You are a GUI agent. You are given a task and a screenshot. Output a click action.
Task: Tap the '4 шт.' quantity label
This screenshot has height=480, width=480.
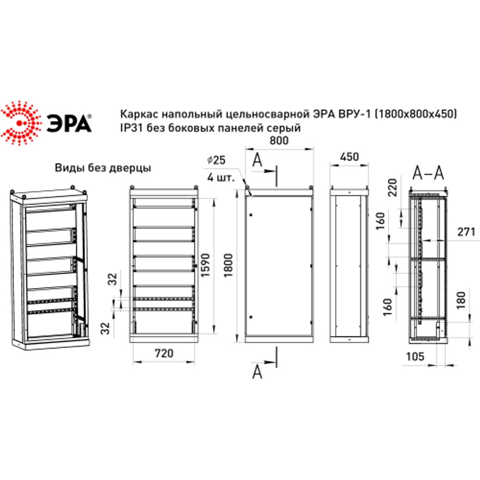pyautogui.click(x=220, y=177)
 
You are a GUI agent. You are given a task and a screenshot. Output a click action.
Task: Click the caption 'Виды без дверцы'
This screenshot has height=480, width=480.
pyautogui.click(x=103, y=168)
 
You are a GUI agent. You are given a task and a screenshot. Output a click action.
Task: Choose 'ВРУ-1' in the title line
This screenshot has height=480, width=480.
pyautogui.click(x=356, y=114)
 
